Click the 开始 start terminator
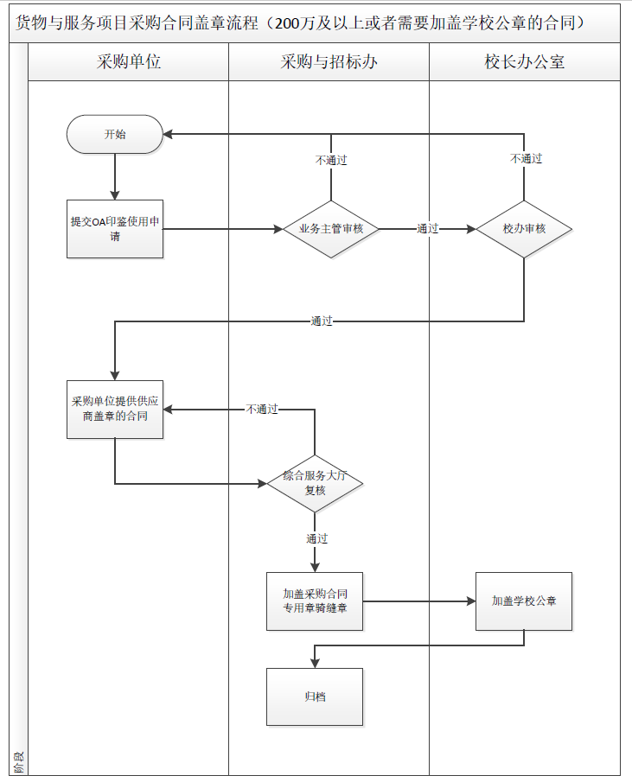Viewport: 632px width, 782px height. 115,134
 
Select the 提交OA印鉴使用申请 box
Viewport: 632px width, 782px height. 115,229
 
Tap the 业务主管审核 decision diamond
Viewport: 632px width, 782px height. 331,229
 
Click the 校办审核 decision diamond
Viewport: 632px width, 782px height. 524,229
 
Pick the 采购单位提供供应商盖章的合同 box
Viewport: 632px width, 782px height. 115,409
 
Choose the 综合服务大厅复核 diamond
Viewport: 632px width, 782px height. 314,483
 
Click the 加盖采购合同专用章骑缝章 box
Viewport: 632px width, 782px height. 315,601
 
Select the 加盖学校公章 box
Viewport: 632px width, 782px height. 524,601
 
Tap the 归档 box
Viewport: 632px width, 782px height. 315,696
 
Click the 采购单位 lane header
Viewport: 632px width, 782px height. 129,62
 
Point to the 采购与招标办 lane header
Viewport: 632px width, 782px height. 329,62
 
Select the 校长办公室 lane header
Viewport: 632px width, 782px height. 525,62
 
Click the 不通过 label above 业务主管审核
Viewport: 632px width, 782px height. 331,160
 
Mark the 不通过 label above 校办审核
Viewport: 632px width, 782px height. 526,158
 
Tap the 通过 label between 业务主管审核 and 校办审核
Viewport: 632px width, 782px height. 428,229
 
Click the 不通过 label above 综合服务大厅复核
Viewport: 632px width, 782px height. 262,409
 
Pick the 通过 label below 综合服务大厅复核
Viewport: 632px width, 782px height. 316,538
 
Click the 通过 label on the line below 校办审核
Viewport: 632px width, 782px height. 322,321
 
